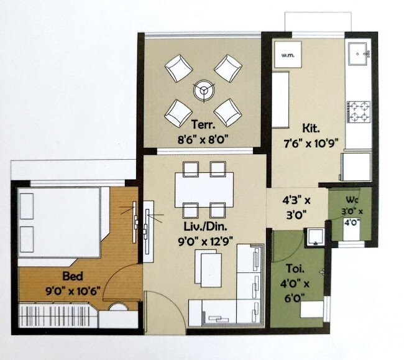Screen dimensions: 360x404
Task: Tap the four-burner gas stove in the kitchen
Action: (x=359, y=113)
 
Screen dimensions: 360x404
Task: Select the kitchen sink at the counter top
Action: (x=359, y=55)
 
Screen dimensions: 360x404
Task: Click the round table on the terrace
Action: (x=203, y=90)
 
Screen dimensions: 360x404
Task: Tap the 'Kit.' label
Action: (x=310, y=129)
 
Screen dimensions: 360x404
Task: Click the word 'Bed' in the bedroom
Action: (x=72, y=275)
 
